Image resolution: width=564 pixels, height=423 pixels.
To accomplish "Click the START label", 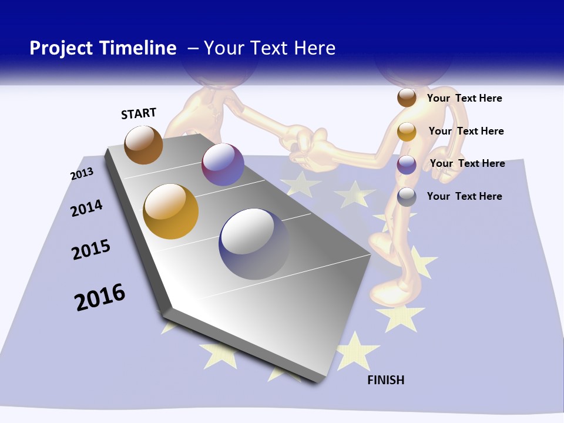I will click(x=139, y=113).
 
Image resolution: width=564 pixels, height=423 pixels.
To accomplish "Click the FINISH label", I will click(x=386, y=380).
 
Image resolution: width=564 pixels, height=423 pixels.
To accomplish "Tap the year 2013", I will click(x=82, y=174).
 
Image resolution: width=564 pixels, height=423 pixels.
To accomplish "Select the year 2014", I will click(x=86, y=208).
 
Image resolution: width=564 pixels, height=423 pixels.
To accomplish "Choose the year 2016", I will click(x=100, y=297).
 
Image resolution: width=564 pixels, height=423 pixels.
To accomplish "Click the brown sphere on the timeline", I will click(x=143, y=145).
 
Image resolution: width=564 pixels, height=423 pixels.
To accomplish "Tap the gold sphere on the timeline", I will click(x=171, y=211).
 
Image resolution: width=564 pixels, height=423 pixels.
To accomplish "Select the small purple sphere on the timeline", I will click(x=223, y=164).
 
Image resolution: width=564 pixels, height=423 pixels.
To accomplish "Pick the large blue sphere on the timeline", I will click(x=254, y=244).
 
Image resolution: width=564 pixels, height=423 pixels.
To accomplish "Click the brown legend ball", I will click(x=407, y=98).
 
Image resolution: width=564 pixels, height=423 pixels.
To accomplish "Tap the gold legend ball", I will click(x=407, y=132).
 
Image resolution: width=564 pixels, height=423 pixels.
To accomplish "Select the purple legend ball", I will click(x=407, y=164).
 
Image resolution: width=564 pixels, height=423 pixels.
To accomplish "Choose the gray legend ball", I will click(x=407, y=197).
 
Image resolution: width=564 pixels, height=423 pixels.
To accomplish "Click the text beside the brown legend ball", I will click(x=464, y=98).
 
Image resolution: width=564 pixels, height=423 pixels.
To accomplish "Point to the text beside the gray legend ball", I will click(x=464, y=196).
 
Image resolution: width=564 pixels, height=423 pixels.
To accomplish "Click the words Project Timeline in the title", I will click(x=103, y=48).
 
